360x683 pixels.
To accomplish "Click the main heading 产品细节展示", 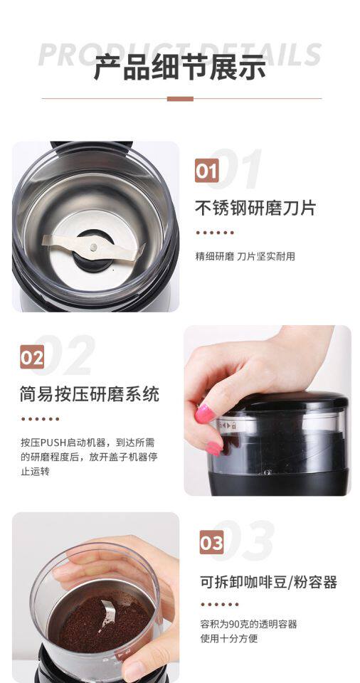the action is pyautogui.click(x=179, y=68).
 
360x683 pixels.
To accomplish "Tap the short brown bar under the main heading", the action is pyautogui.click(x=180, y=99).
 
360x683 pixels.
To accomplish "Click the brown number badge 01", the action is pyautogui.click(x=206, y=170).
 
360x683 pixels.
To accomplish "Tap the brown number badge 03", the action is pyautogui.click(x=211, y=542).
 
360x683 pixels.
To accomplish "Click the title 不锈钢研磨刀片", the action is pyautogui.click(x=255, y=208).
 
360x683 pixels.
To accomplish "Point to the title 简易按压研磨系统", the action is pyautogui.click(x=90, y=394).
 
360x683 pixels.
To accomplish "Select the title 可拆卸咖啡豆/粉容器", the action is pyautogui.click(x=268, y=582).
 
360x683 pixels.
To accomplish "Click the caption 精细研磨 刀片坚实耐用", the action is pyautogui.click(x=245, y=257).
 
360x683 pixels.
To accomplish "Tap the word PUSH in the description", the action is pyautogui.click(x=53, y=443).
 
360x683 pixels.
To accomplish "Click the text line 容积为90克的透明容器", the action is pyautogui.click(x=248, y=624).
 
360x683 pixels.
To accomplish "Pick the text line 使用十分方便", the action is pyautogui.click(x=229, y=639).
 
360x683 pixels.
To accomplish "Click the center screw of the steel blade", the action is pyautogui.click(x=93, y=247).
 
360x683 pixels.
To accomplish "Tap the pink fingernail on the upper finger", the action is pyautogui.click(x=204, y=413).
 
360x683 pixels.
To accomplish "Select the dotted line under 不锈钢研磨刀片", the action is pyautogui.click(x=215, y=233).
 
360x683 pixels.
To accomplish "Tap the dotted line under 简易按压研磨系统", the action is pyautogui.click(x=40, y=419).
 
